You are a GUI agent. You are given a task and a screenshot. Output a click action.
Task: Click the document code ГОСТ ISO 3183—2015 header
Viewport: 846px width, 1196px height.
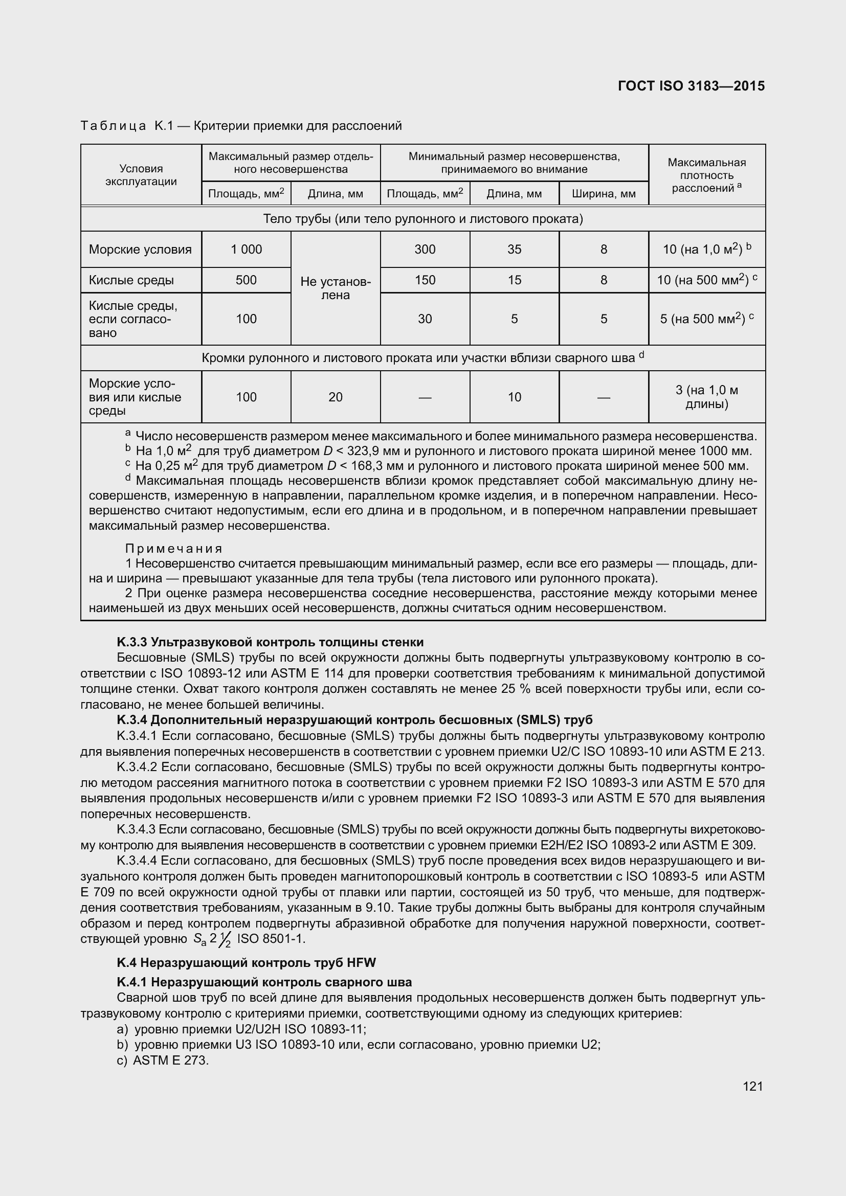[x=691, y=86]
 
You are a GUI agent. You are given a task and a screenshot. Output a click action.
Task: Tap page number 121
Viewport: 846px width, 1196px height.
[x=753, y=1086]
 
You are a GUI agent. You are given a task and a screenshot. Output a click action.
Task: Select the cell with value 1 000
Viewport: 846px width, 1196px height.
[x=246, y=250]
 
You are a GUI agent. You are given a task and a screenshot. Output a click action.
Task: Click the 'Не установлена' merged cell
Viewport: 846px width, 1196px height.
[x=336, y=288]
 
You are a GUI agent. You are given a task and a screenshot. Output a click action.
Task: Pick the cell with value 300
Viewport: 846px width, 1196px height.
[x=425, y=250]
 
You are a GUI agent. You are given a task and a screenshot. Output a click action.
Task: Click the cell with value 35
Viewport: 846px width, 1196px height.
[x=514, y=250]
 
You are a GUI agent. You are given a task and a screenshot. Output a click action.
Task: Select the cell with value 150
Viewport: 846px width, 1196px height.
[x=425, y=280]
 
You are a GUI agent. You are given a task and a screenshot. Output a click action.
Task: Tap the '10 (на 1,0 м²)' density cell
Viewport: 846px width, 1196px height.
[x=706, y=250]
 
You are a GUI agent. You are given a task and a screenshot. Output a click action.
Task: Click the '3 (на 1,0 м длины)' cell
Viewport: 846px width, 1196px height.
[x=706, y=397]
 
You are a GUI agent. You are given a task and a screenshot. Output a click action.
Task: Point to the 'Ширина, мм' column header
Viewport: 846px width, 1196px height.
[x=603, y=194]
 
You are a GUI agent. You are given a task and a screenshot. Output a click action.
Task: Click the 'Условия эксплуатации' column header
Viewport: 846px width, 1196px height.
[x=141, y=175]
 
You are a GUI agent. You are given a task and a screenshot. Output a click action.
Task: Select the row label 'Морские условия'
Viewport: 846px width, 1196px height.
[x=140, y=250]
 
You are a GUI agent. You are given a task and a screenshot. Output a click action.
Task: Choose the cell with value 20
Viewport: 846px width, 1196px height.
[x=336, y=397]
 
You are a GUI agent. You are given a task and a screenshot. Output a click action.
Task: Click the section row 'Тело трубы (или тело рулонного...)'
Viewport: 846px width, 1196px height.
[x=422, y=219]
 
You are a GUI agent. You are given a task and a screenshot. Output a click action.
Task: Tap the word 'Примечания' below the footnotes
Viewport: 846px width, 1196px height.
[x=174, y=549]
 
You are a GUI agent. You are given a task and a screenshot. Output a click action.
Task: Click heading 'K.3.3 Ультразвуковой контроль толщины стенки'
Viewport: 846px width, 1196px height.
[x=270, y=642]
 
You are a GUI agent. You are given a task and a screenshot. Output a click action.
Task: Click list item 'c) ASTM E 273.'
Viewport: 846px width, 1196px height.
[x=163, y=1060]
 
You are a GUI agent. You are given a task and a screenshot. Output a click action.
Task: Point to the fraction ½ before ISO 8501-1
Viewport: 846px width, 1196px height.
[x=226, y=939]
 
